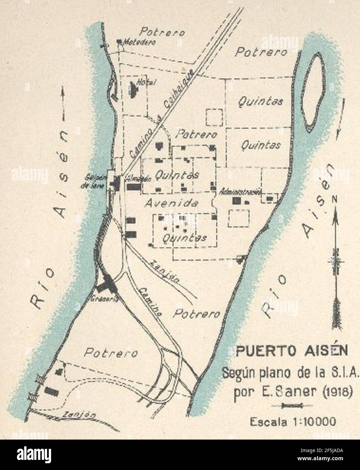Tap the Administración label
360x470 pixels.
241,191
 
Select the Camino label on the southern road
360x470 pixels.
150,302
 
